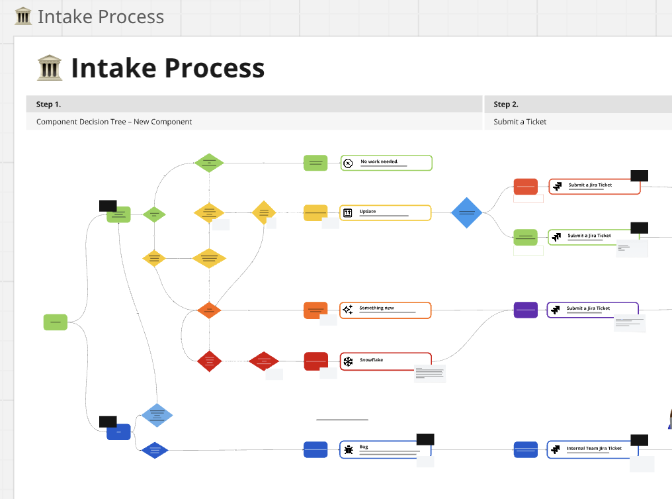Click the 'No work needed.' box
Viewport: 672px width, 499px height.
point(386,163)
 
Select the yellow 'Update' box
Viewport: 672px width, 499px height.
point(386,212)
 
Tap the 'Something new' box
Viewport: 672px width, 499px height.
point(386,310)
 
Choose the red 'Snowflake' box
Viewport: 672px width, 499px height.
point(386,361)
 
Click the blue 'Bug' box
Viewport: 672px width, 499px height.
point(386,449)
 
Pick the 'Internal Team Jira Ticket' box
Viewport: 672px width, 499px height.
point(593,449)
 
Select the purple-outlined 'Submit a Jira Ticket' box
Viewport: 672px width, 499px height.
point(592,309)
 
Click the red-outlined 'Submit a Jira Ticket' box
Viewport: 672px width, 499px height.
point(595,186)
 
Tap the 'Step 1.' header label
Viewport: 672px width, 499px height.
point(48,104)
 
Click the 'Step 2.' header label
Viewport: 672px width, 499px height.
point(506,104)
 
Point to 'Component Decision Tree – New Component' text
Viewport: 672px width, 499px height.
point(114,122)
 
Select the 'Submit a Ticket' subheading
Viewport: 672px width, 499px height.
point(520,122)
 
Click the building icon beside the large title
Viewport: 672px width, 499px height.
point(50,68)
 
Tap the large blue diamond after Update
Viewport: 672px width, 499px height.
point(467,212)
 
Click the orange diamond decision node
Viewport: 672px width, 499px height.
point(209,310)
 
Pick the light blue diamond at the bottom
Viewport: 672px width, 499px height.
point(157,415)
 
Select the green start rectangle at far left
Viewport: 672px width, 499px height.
point(56,322)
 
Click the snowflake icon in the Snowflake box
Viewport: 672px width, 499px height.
point(348,361)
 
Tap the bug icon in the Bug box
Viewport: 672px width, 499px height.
point(348,450)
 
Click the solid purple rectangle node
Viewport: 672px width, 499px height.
point(526,309)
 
